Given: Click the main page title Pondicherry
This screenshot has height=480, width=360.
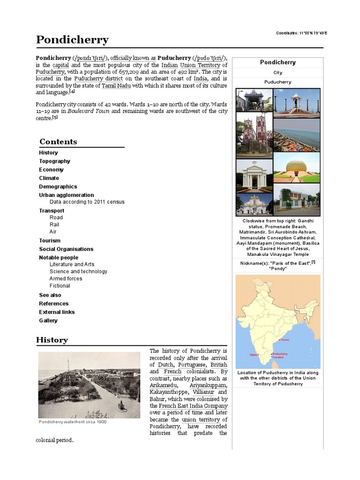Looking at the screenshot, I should (x=72, y=39).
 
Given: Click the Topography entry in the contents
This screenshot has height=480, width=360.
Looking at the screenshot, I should (x=54, y=161).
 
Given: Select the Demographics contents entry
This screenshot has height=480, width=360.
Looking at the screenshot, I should (x=58, y=187).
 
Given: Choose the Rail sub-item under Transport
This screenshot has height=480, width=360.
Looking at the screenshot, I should (x=54, y=225).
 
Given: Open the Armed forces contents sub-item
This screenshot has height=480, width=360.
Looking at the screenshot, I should (x=66, y=278).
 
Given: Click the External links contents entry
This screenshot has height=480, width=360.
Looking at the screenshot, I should (x=57, y=312).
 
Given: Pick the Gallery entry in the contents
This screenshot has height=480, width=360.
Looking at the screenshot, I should (x=48, y=321).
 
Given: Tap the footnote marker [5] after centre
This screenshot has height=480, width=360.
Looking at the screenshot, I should (x=55, y=118).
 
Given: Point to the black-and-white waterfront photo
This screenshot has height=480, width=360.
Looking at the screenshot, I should (x=89, y=385).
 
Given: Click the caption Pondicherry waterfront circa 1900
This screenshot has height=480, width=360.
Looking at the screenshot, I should (x=73, y=422).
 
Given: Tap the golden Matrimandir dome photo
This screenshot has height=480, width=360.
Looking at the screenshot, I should (x=296, y=167).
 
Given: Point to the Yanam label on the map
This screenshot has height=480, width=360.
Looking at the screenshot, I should (x=285, y=339).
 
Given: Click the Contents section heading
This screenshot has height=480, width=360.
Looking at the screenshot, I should (x=58, y=142).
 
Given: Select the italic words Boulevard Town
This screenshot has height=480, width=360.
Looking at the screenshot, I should (x=89, y=111).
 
